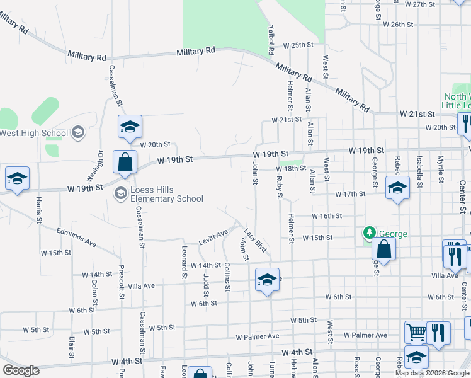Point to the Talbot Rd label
[271, 39]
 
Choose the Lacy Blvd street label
[256, 241]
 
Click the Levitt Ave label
[213, 238]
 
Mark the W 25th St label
[298, 45]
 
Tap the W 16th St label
[326, 215]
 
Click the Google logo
[21, 370]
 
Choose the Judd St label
[205, 275]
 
